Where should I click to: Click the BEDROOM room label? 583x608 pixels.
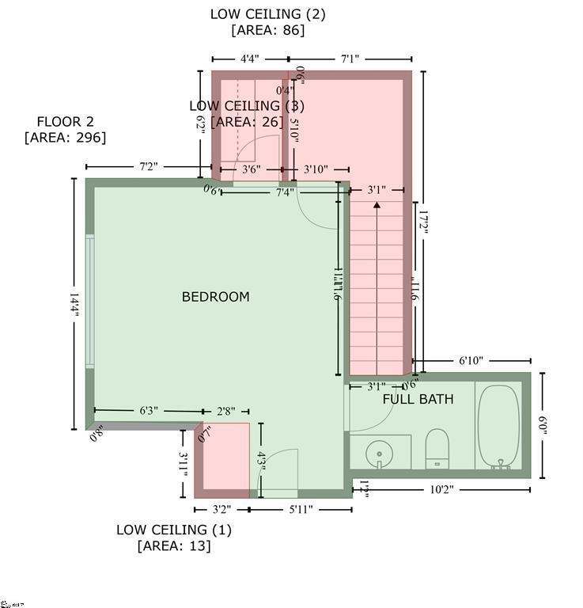(215, 297)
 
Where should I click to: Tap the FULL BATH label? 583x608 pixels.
(418, 399)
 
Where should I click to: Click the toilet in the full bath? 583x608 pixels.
(437, 449)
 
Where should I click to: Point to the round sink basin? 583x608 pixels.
(379, 454)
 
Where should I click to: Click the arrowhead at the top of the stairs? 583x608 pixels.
(377, 205)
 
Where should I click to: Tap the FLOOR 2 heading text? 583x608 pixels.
(65, 122)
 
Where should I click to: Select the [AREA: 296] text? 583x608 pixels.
(65, 138)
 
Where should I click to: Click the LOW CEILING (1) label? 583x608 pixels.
(174, 530)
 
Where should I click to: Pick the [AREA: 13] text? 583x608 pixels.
(174, 545)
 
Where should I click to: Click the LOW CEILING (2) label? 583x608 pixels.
(267, 14)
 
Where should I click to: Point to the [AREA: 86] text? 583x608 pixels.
(267, 30)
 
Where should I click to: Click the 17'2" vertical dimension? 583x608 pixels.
(424, 222)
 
